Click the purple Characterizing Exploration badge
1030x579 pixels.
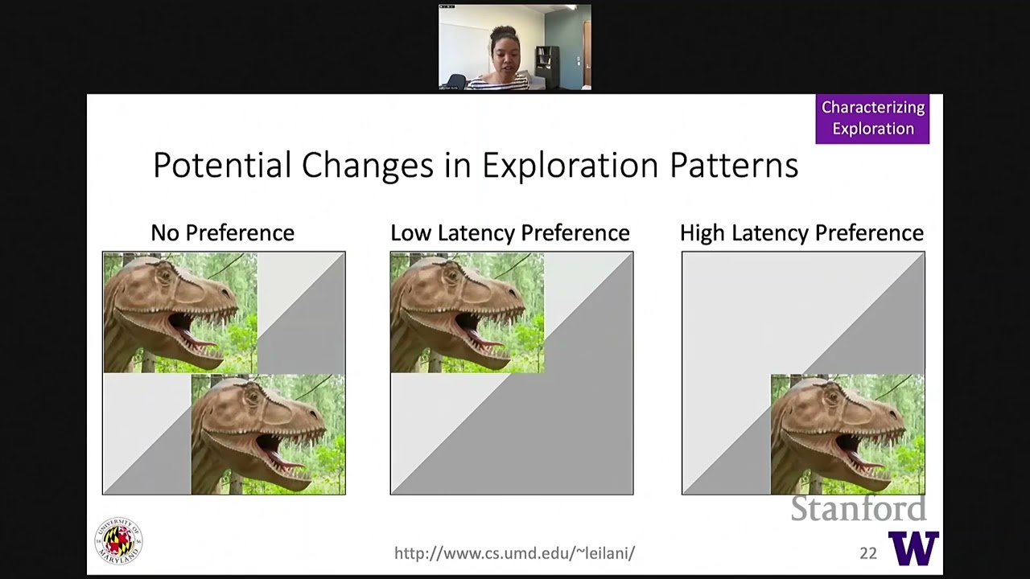click(872, 118)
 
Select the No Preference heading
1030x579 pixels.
click(223, 233)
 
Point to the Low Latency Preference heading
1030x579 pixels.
click(509, 233)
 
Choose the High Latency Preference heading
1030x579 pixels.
click(801, 233)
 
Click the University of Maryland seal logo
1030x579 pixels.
click(119, 540)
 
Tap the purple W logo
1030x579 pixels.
click(913, 548)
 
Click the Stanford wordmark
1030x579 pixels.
click(858, 509)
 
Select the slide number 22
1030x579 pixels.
click(867, 553)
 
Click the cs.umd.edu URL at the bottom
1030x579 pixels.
click(514, 553)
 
